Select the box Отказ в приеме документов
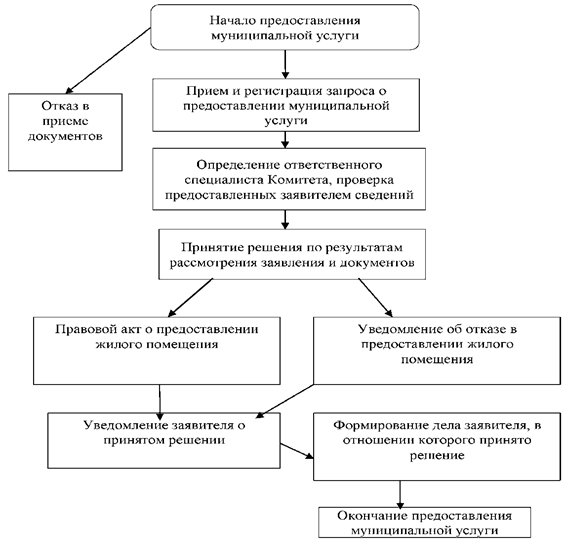65,132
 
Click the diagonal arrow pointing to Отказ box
108,61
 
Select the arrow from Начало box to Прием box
285,64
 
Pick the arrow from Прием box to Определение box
285,140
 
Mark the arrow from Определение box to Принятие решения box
285,219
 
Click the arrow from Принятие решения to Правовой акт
191,298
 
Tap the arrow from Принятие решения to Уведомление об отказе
375,298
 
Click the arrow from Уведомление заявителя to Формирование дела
297,451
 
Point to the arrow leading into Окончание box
400,495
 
